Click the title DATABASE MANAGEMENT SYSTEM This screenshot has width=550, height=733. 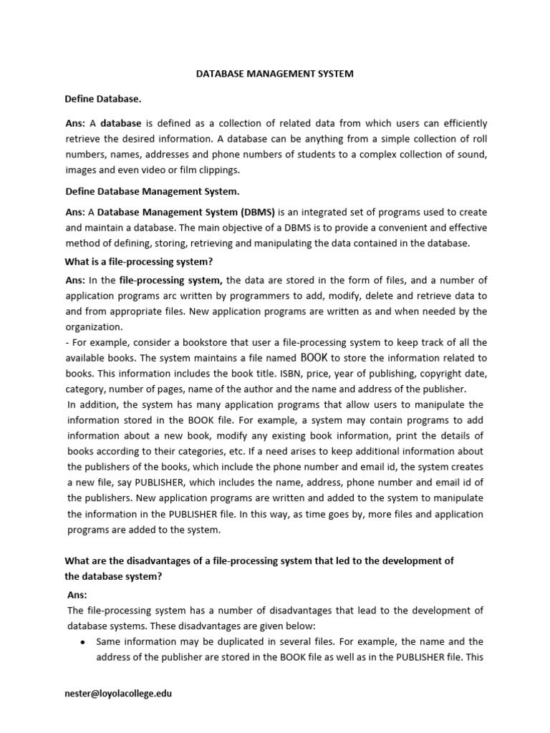(275, 74)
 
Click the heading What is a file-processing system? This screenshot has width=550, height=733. (140, 261)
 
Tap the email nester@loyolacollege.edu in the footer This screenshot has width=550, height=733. (119, 693)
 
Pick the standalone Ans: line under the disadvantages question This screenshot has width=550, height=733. (77, 594)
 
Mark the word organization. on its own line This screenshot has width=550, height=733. (95, 326)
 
